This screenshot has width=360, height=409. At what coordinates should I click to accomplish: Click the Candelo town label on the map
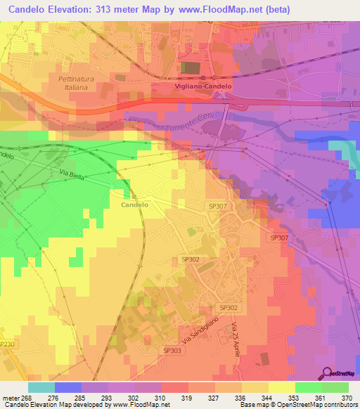pos(134,205)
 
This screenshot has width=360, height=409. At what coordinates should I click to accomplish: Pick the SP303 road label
pos(172,350)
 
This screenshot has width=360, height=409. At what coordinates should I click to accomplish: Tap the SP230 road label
pos(6,344)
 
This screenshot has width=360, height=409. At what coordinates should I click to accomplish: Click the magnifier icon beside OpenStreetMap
pos(326,373)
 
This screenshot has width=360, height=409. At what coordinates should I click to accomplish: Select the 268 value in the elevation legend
pos(27,398)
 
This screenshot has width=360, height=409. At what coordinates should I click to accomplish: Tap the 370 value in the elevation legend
pos(346,398)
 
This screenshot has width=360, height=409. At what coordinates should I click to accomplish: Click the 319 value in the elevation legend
pos(187,398)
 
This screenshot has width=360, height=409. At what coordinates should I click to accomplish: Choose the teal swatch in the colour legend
pos(41,387)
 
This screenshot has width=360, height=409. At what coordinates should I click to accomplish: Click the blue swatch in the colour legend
pos(67,387)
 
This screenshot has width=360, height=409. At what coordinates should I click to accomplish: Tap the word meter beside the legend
pos(11,398)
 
